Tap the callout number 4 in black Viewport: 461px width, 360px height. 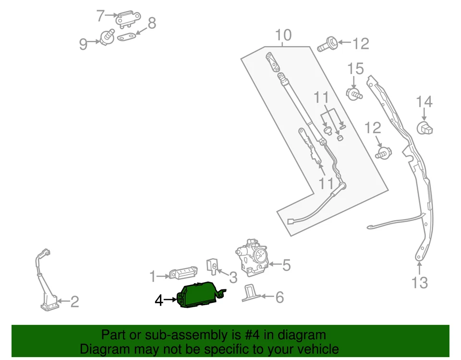click(159, 301)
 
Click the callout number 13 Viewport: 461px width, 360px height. click(420, 283)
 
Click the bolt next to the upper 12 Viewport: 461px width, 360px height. click(327, 46)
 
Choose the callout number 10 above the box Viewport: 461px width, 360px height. click(283, 35)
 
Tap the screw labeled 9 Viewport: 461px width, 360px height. click(106, 36)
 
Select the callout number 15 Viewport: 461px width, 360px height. click(356, 69)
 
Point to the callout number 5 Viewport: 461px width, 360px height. click(286, 265)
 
